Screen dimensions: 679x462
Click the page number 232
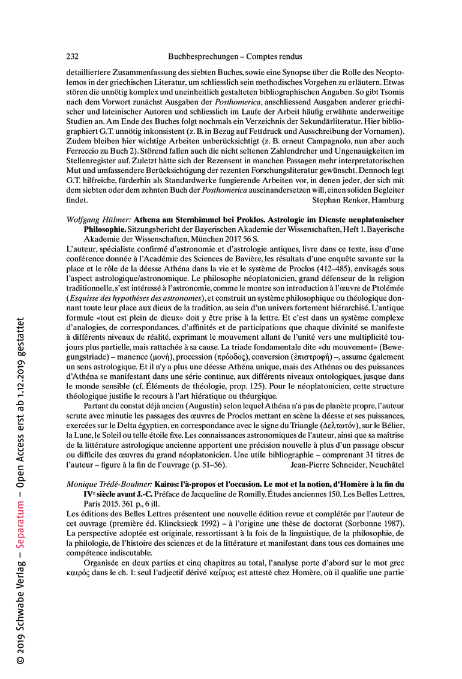coord(72,56)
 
